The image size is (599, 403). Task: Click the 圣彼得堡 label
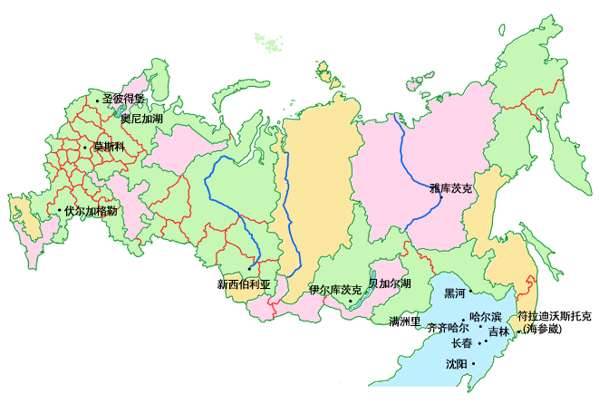pyautogui.click(x=124, y=100)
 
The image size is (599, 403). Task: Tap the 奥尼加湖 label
pyautogui.click(x=141, y=118)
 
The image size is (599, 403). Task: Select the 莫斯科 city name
pyautogui.click(x=106, y=147)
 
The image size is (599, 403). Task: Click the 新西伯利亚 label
pyautogui.click(x=244, y=283)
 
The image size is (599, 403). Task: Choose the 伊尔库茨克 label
pyautogui.click(x=334, y=290)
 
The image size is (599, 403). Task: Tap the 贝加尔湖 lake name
pyautogui.click(x=390, y=283)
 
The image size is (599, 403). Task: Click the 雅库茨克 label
pyautogui.click(x=451, y=189)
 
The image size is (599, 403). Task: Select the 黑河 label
pyautogui.click(x=454, y=293)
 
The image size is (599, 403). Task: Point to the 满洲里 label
pyautogui.click(x=405, y=321)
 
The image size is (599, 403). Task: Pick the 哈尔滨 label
pyautogui.click(x=485, y=317)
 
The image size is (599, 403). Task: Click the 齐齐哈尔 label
pyautogui.click(x=447, y=328)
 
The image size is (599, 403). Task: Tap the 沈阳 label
pyautogui.click(x=457, y=363)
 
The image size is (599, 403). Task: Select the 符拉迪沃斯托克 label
pyautogui.click(x=554, y=316)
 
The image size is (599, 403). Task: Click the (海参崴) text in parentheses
pyautogui.click(x=543, y=329)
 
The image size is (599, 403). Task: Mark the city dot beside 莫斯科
pyautogui.click(x=84, y=147)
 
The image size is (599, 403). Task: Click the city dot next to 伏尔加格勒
pyautogui.click(x=60, y=211)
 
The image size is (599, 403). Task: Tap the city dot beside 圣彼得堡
pyautogui.click(x=97, y=101)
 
